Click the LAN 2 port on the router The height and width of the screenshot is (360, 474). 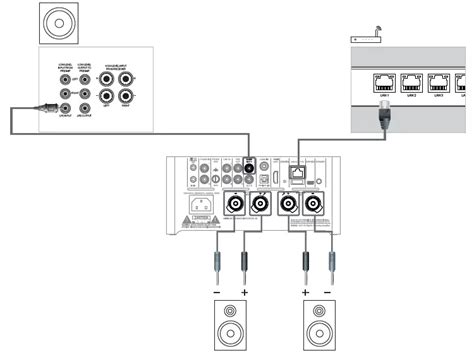pyautogui.click(x=412, y=82)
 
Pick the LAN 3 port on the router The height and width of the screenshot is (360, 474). pyautogui.click(x=441, y=82)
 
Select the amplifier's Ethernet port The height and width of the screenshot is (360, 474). pyautogui.click(x=296, y=170)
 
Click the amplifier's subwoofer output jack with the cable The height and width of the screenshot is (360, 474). pyautogui.click(x=251, y=169)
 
